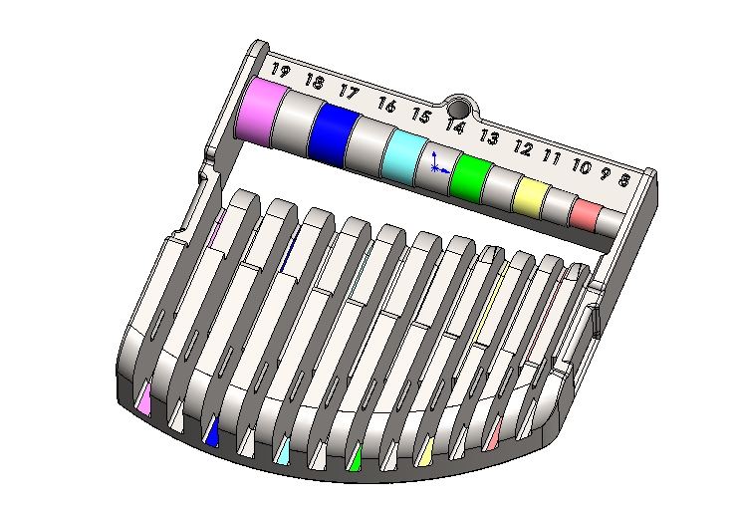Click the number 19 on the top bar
(281, 71)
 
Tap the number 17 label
(348, 92)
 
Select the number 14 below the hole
(455, 126)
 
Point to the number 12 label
(522, 148)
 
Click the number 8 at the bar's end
(623, 180)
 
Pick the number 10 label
(581, 166)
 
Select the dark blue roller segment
(334, 133)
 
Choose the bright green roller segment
(470, 177)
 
